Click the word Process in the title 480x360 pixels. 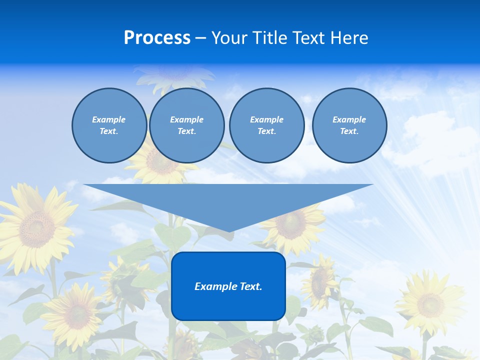click(x=157, y=38)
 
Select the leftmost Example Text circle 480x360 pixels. click(x=109, y=125)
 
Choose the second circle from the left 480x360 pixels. click(x=186, y=125)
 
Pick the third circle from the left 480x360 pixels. click(x=266, y=125)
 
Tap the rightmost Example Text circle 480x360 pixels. click(x=349, y=125)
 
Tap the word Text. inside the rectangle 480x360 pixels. click(x=250, y=286)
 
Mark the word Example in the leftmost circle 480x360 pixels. click(x=109, y=119)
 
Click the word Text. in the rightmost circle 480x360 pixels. click(x=349, y=131)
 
